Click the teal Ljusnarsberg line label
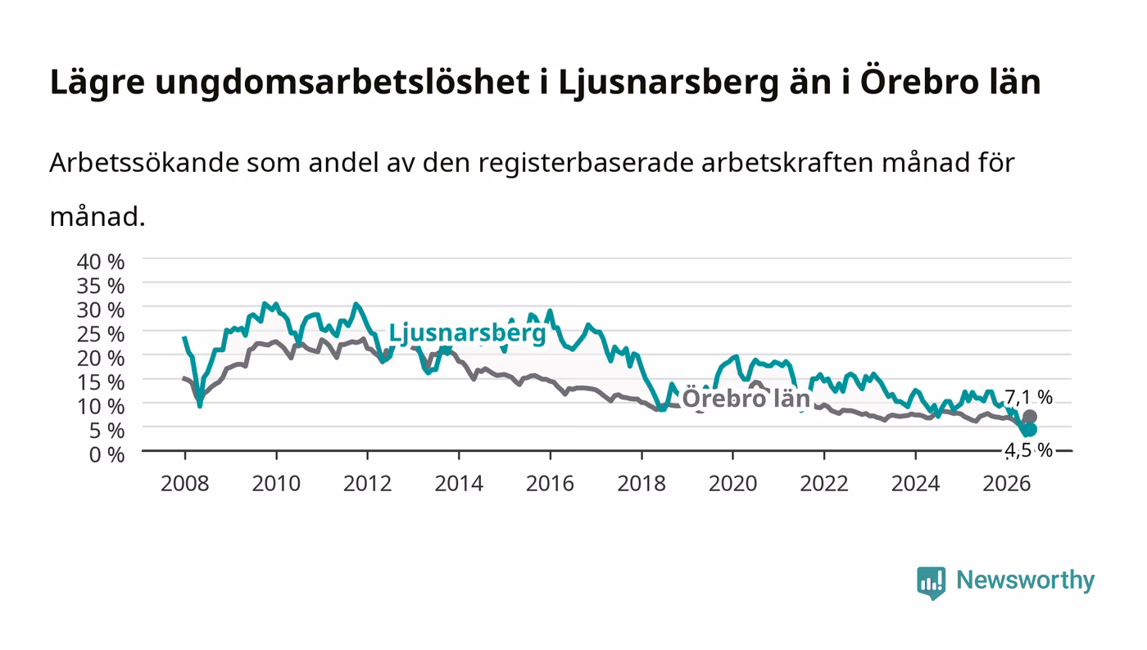click(468, 334)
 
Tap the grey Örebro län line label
click(746, 398)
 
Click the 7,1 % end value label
click(1028, 397)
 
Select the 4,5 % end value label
click(1028, 450)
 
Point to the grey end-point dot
click(1030, 418)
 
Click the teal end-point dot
click(1030, 430)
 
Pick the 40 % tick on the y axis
click(100, 262)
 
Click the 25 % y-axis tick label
click(100, 334)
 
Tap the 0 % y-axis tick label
click(107, 455)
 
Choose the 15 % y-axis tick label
click(100, 382)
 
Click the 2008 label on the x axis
click(185, 484)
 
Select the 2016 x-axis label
click(550, 484)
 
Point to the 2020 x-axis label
click(732, 484)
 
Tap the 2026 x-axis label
click(1007, 484)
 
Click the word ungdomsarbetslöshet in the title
click(342, 83)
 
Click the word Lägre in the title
click(97, 83)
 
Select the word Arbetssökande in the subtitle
click(144, 163)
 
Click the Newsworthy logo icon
click(931, 583)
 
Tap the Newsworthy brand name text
click(1025, 580)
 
